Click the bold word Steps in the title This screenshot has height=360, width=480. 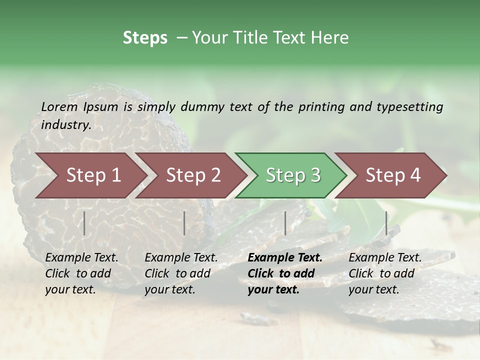[145, 38]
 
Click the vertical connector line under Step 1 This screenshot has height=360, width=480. [84, 223]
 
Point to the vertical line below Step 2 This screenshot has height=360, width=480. [184, 223]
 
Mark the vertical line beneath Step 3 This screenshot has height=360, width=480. [285, 223]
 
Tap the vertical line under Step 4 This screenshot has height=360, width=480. [386, 223]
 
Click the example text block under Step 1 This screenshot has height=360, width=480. [81, 273]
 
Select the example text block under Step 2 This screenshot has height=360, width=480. [181, 273]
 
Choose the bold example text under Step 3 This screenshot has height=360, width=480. [285, 273]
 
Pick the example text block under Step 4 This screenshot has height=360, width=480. [385, 273]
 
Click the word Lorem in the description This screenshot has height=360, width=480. [59, 106]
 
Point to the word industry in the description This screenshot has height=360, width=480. [65, 124]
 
